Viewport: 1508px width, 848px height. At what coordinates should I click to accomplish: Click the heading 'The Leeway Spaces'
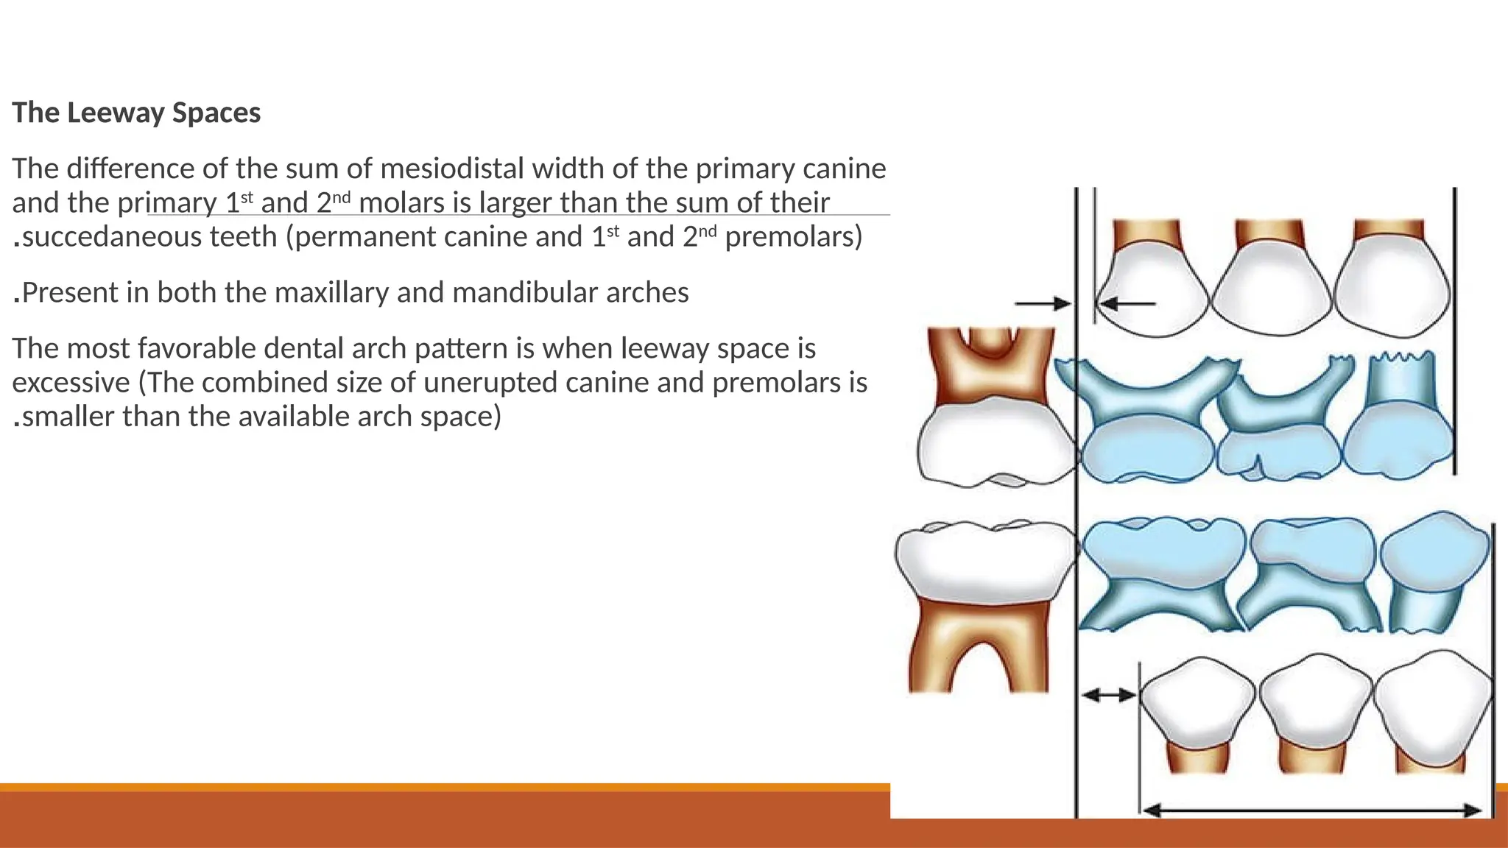(x=136, y=113)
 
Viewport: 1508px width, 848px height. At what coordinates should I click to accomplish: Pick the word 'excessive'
(x=71, y=383)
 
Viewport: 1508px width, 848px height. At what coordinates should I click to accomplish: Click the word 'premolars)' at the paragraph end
(x=793, y=237)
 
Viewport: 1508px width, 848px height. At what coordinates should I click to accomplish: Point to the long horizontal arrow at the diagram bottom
(x=1312, y=810)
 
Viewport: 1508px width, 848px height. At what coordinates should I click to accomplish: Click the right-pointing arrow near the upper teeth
(x=1043, y=303)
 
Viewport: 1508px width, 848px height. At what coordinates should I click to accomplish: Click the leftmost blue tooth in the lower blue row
(x=1162, y=574)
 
